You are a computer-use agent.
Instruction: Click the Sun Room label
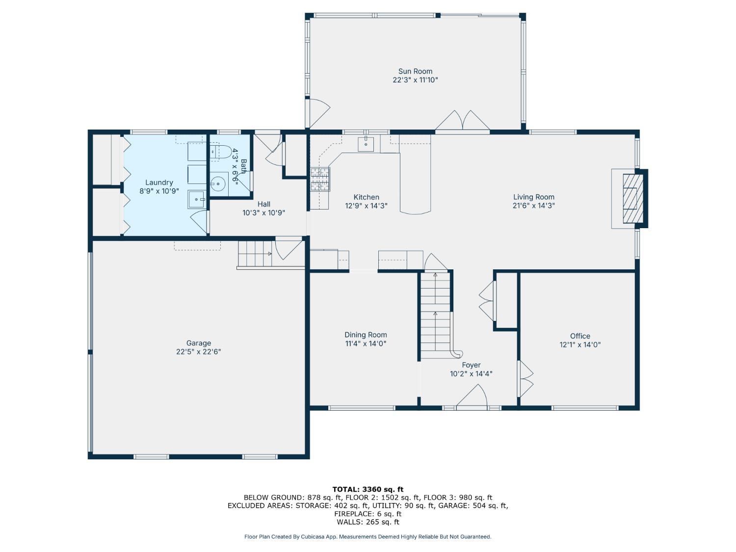click(415, 71)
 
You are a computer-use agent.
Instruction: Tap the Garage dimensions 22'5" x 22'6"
click(199, 352)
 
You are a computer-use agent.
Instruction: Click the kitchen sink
click(366, 144)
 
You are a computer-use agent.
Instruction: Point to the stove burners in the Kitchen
click(320, 179)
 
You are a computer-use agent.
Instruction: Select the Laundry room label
click(159, 183)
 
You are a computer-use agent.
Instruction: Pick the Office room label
click(580, 336)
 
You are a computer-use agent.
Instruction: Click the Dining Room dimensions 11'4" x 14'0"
click(366, 343)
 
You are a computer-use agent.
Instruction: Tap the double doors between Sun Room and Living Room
click(462, 121)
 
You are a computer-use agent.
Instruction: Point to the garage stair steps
click(255, 254)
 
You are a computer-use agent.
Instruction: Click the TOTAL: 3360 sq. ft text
click(368, 489)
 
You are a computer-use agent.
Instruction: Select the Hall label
click(264, 204)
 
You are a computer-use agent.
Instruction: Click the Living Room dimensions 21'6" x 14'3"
click(533, 206)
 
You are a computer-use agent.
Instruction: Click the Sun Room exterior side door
click(317, 113)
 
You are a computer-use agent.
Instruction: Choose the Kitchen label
click(366, 197)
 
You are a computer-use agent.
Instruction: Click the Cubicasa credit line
click(368, 537)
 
